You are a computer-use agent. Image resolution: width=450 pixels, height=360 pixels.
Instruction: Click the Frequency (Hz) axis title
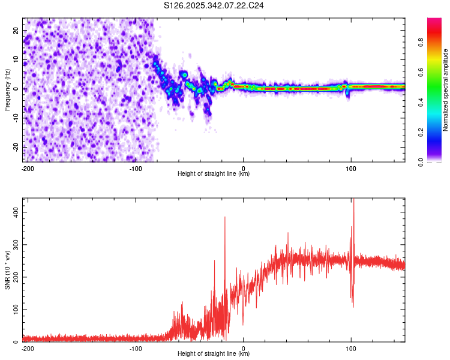point(7,91)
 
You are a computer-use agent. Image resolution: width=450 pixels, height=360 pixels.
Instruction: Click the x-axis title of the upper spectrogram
point(214,173)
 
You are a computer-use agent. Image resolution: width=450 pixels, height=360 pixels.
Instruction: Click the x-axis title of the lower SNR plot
point(214,354)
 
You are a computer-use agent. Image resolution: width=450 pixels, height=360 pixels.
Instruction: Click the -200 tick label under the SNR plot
point(28,348)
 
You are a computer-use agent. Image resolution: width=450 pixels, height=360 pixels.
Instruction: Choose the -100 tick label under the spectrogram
point(136,167)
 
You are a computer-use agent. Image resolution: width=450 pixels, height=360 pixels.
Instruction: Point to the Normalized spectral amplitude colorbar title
point(446,91)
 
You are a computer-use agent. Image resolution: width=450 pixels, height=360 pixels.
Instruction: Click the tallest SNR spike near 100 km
point(354,202)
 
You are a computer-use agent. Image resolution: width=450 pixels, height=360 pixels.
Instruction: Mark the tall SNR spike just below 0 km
point(225,218)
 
